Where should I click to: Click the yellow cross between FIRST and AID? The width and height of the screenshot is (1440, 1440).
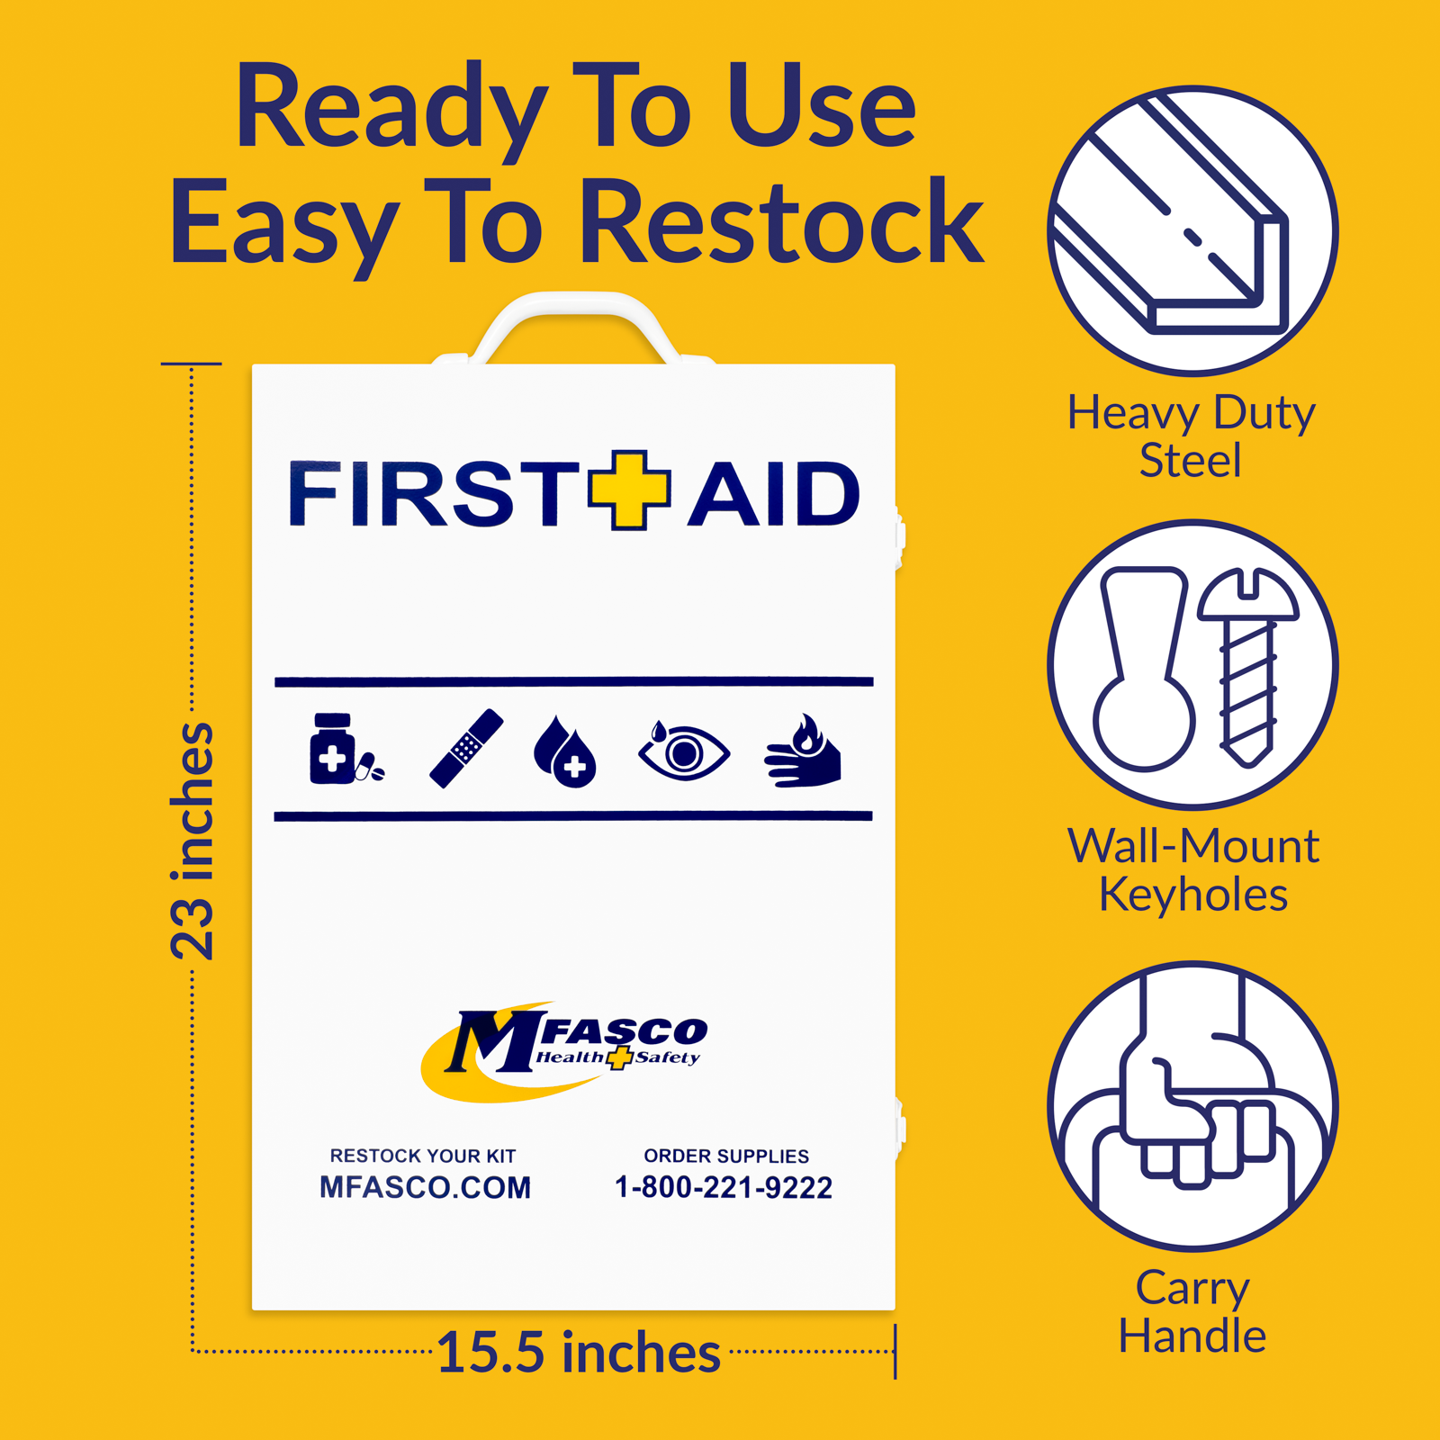pyautogui.click(x=629, y=490)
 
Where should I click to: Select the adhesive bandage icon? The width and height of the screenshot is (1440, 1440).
pyautogui.click(x=466, y=749)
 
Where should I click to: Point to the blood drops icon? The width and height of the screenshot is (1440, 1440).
pyautogui.click(x=564, y=751)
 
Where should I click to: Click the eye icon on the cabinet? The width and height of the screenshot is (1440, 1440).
pyautogui.click(x=684, y=751)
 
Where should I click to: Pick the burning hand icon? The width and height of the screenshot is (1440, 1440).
pyautogui.click(x=803, y=751)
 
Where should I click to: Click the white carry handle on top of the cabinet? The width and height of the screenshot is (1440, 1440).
pyautogui.click(x=576, y=315)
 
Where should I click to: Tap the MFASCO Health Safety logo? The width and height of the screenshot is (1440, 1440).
pyautogui.click(x=564, y=1050)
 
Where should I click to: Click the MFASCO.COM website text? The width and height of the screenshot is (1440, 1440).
pyautogui.click(x=425, y=1187)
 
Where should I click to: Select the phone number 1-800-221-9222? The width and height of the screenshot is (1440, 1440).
pyautogui.click(x=724, y=1187)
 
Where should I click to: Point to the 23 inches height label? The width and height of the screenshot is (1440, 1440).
pyautogui.click(x=193, y=841)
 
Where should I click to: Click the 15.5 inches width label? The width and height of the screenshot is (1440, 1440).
pyautogui.click(x=579, y=1353)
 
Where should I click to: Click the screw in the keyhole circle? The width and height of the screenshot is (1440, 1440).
pyautogui.click(x=1249, y=666)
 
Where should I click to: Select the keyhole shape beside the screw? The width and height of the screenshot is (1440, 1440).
pyautogui.click(x=1144, y=670)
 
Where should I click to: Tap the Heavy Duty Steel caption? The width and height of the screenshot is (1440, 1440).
pyautogui.click(x=1191, y=436)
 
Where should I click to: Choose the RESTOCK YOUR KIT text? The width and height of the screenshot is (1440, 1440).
pyautogui.click(x=423, y=1156)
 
